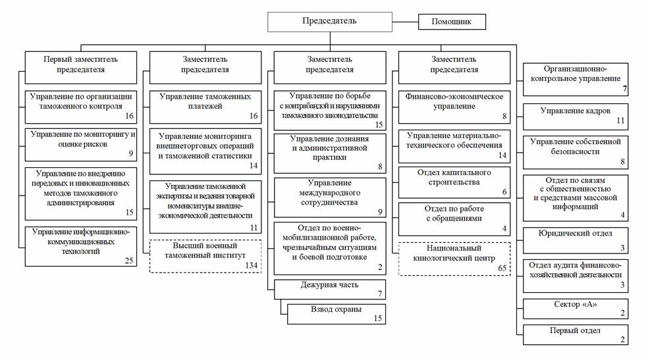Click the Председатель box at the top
pos(329,22)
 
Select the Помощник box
pos(452,22)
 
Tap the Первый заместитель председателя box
pos(80,67)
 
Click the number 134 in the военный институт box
pos(252,265)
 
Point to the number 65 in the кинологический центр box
pos(502,268)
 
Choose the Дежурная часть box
pos(330,290)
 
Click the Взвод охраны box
pos(337,314)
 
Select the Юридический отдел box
pos(576,240)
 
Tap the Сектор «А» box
pos(576,309)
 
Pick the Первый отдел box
pos(576,335)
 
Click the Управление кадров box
pos(576,117)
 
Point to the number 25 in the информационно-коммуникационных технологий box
pos(129,261)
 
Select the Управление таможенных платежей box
pos(205,107)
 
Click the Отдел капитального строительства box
pos(454,182)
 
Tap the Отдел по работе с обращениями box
pos(454,219)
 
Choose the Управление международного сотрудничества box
pos(330,197)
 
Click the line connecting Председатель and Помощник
pos(405,22)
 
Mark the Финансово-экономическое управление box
pos(454,107)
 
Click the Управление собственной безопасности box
pos(576,152)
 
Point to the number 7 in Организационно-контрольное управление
pos(625,88)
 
